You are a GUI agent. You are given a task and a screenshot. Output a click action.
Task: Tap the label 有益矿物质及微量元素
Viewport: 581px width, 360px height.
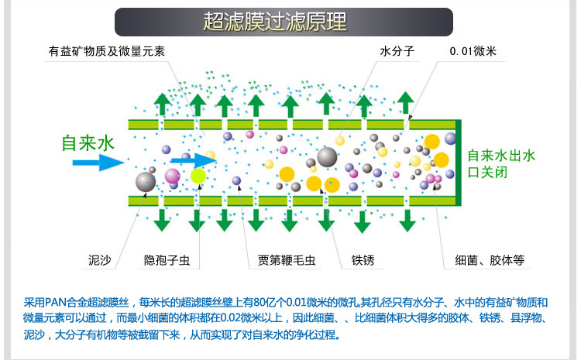[x=106, y=52]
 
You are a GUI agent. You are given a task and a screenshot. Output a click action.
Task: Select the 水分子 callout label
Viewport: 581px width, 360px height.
[x=397, y=52]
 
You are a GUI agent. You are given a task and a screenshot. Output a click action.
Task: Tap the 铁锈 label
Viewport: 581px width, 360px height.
[x=363, y=260]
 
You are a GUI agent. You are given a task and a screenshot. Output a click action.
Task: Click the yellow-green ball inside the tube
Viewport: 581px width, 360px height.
[x=199, y=177]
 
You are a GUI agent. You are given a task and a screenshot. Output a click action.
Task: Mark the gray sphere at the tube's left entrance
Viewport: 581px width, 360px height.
[x=145, y=182]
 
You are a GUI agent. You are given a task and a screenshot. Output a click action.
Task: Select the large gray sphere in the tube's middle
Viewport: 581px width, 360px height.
[x=327, y=156]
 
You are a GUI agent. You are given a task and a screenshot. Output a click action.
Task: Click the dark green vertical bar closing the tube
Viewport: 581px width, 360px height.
[x=461, y=162]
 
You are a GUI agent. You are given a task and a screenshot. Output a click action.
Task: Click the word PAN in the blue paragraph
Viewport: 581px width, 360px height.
[x=58, y=302]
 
